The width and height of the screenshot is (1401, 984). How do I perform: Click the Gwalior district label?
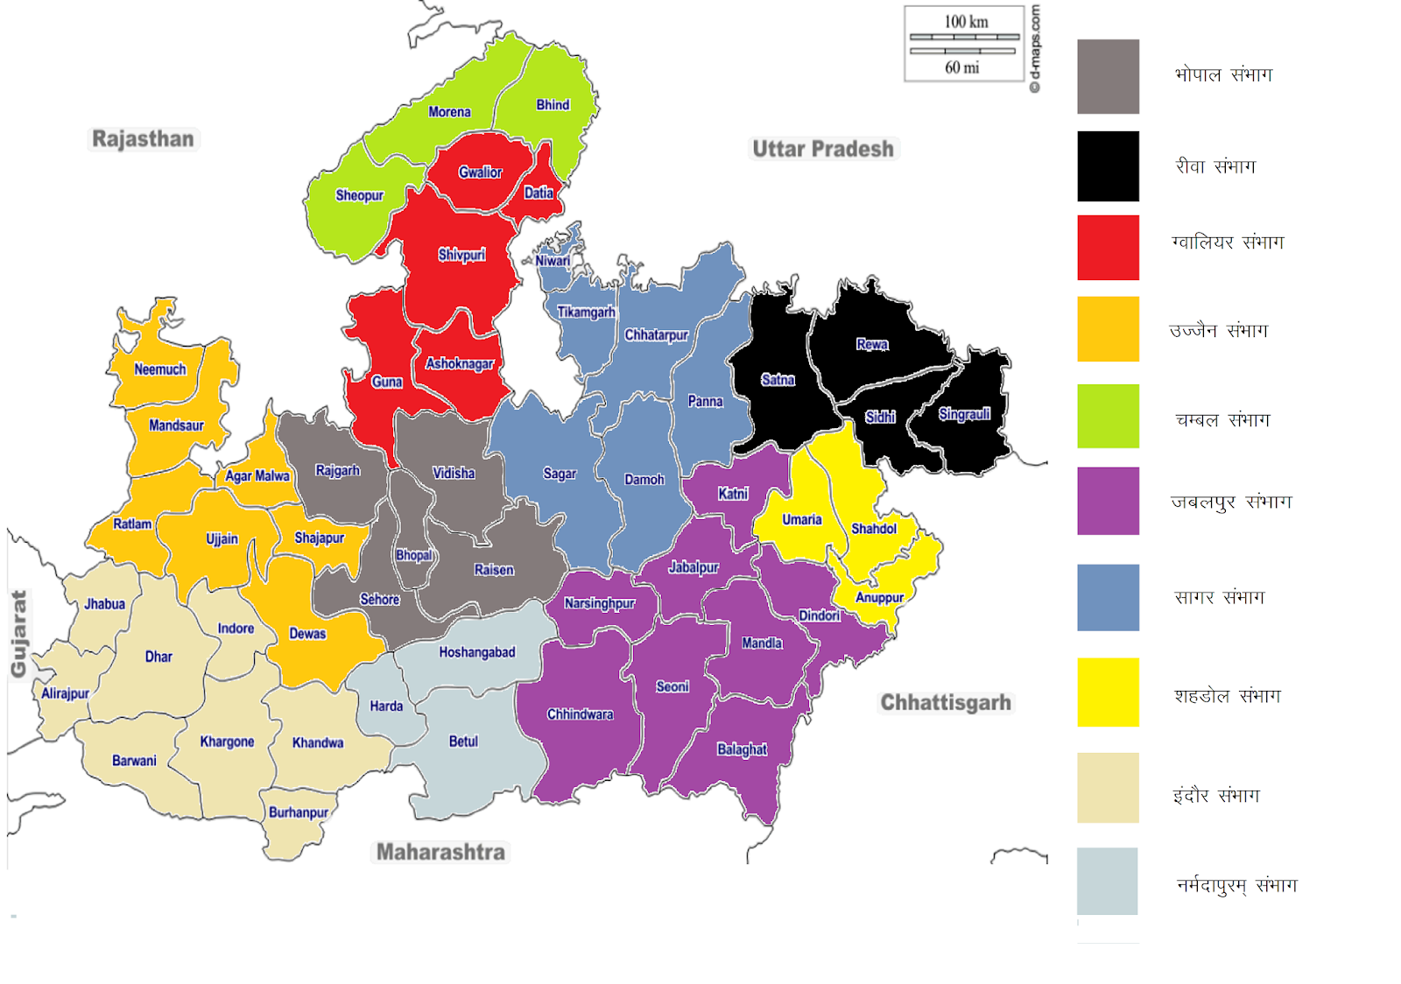(x=480, y=172)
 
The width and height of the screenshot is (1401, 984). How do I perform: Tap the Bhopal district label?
(x=413, y=555)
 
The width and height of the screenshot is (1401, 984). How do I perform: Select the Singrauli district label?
(x=964, y=414)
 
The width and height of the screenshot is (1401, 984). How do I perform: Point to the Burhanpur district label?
(x=299, y=812)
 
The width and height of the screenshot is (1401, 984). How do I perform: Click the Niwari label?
(x=553, y=261)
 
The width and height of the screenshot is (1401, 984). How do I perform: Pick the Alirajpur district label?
(x=66, y=693)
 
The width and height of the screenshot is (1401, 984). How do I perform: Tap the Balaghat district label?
(x=742, y=749)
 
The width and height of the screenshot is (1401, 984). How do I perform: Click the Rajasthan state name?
(x=143, y=139)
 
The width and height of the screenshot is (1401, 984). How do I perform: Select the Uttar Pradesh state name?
(x=823, y=149)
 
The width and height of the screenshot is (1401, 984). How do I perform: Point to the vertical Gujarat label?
(x=18, y=634)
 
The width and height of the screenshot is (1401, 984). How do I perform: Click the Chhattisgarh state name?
(x=946, y=703)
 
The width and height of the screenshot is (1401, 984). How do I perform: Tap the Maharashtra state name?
(x=440, y=852)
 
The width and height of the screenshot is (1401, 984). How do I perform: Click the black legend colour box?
(x=1108, y=166)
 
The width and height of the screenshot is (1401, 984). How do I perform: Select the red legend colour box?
(x=1108, y=248)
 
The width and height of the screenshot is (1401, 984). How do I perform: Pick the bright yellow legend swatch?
(x=1108, y=692)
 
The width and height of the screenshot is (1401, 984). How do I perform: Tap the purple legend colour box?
(x=1108, y=501)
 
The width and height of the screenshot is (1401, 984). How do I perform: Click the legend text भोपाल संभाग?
(x=1223, y=75)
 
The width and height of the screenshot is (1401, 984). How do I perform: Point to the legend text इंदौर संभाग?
(x=1216, y=796)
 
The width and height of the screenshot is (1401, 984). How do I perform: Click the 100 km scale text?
(x=966, y=22)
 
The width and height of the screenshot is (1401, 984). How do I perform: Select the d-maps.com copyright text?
(x=1035, y=48)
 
